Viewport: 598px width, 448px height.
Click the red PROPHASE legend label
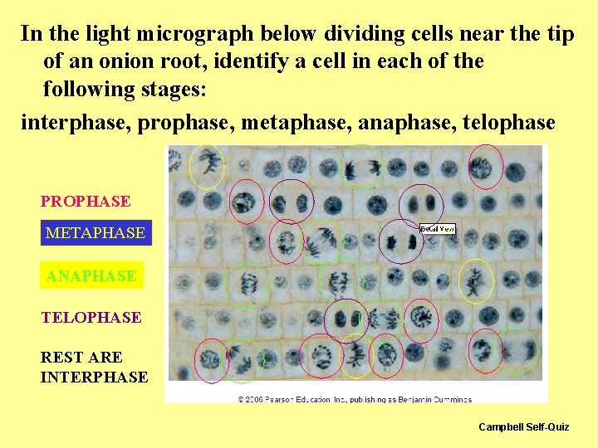click(x=86, y=202)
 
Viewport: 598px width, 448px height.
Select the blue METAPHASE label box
click(x=95, y=233)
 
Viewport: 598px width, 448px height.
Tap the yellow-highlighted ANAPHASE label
click(x=91, y=275)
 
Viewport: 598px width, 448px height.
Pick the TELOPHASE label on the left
click(x=91, y=317)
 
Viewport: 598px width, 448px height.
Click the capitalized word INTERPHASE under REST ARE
click(x=94, y=377)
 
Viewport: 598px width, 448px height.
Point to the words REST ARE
click(x=81, y=358)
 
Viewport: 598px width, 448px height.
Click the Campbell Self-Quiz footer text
click(x=523, y=426)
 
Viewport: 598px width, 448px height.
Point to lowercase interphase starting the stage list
click(x=75, y=123)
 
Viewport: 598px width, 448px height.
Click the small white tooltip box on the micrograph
click(x=438, y=228)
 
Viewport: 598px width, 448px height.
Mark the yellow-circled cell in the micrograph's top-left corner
click(x=206, y=165)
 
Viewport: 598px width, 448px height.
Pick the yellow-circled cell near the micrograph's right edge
click(x=476, y=281)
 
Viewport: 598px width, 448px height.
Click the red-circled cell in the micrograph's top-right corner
click(x=485, y=166)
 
